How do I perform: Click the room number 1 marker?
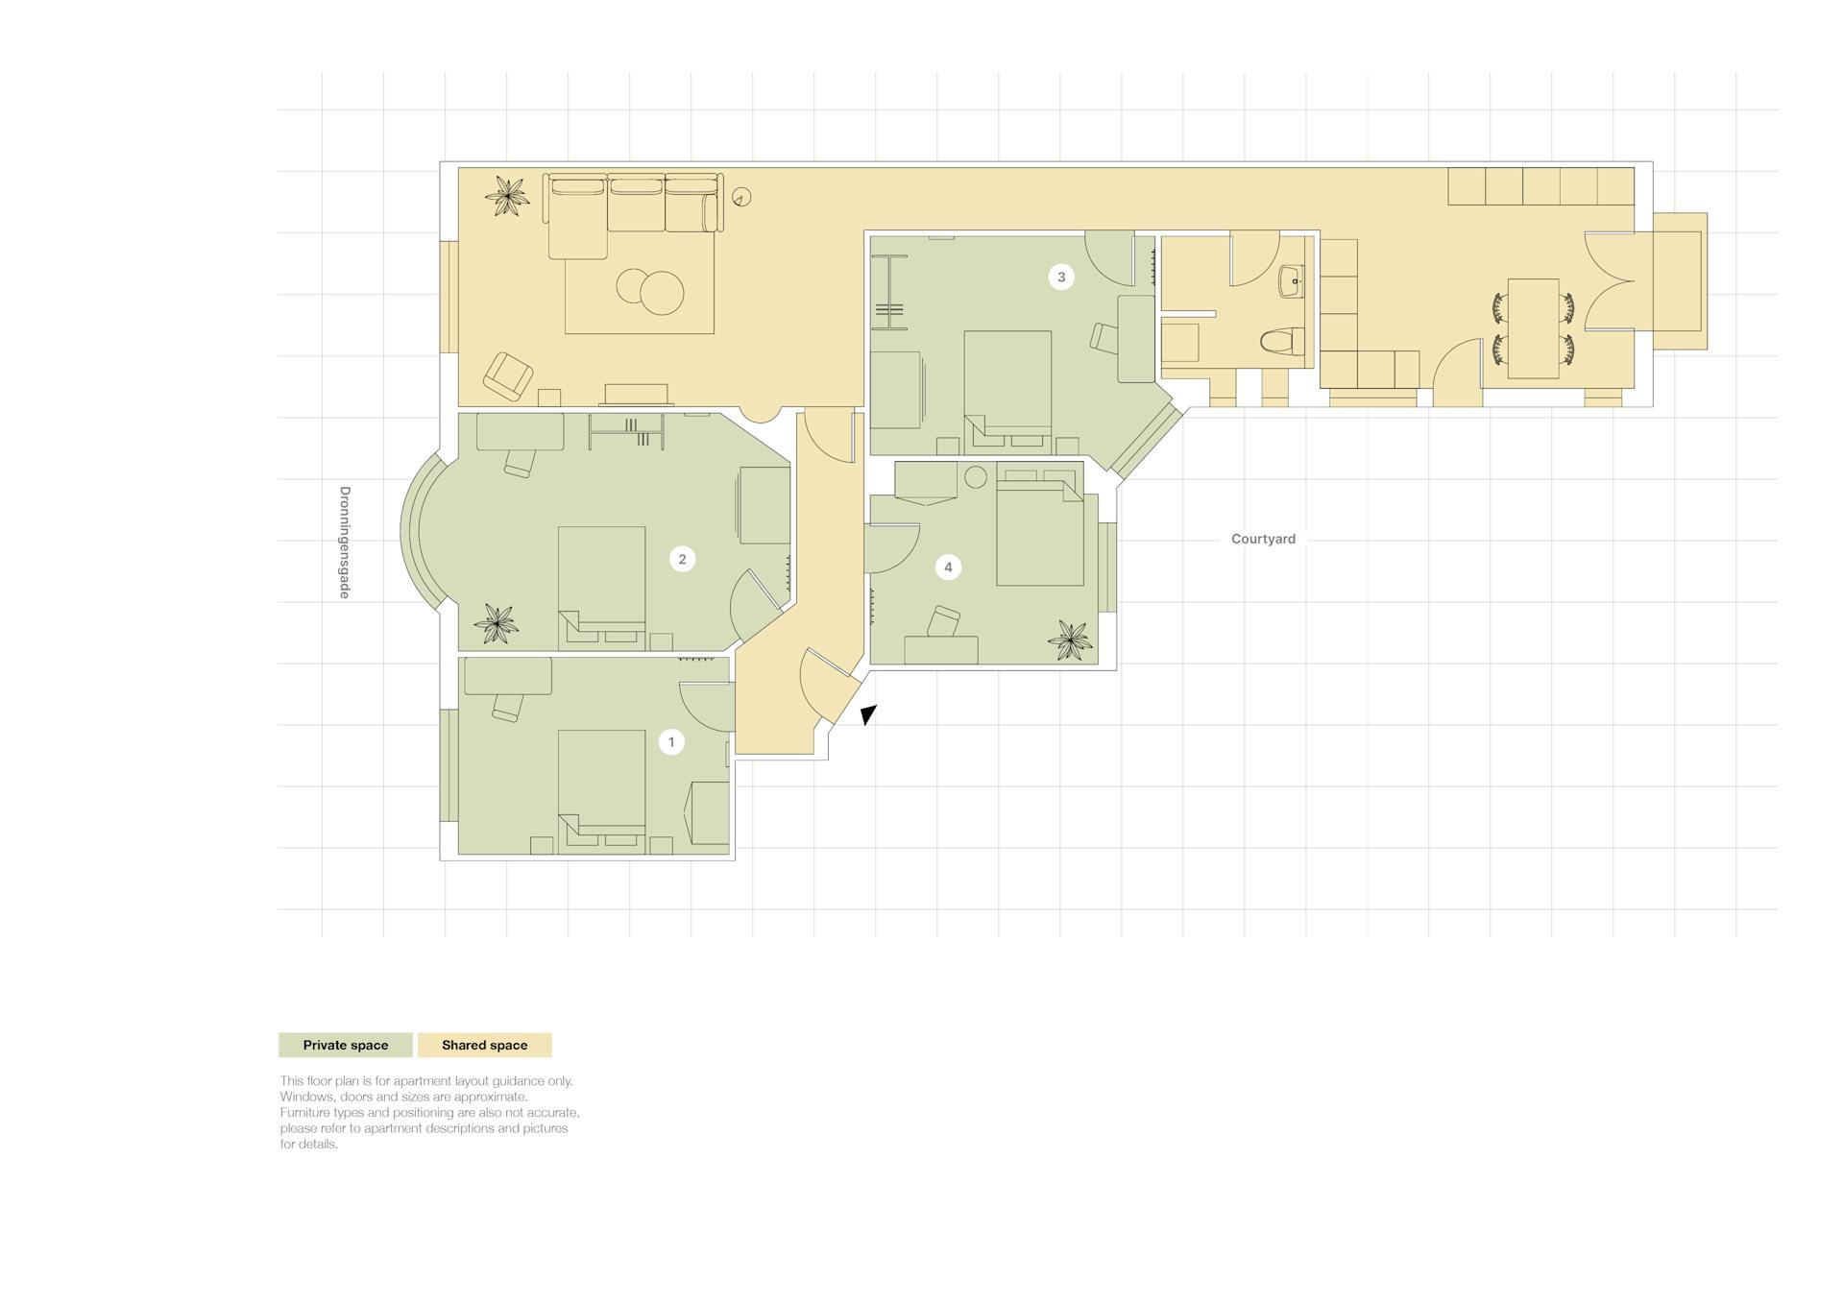671,741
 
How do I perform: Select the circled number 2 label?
683,559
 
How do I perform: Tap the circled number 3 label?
1061,277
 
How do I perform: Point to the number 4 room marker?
948,567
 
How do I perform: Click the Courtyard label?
1263,539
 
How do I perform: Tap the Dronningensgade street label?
345,543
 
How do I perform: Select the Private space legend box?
346,1045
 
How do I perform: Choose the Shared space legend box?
485,1045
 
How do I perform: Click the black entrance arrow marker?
867,714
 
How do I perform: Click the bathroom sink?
1292,282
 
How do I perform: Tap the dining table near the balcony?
1533,328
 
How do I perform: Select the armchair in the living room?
507,375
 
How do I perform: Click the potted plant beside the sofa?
507,197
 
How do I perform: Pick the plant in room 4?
1070,640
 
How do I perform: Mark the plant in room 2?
496,623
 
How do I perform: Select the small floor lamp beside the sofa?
741,197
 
